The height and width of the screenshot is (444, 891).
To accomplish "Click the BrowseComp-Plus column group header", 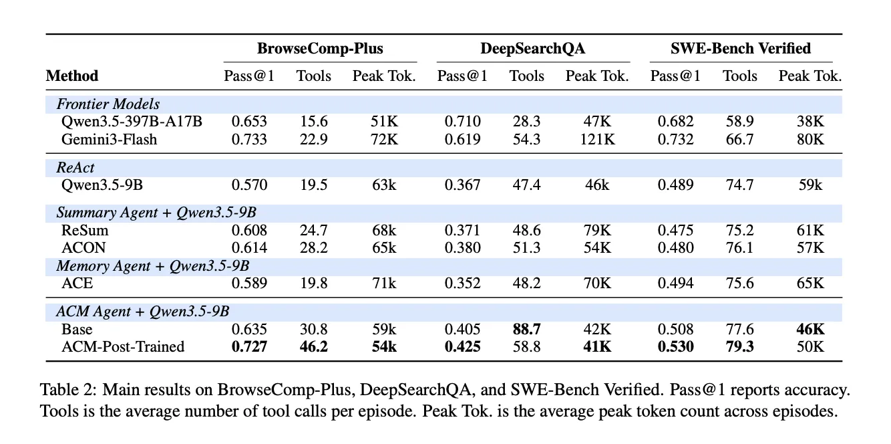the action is [320, 49].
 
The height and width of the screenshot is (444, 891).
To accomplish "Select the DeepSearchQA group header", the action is [532, 49].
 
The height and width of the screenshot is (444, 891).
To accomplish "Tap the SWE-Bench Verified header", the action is [741, 49].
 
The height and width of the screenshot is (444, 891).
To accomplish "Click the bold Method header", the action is [72, 76].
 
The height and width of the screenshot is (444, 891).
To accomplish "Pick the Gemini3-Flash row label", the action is [110, 139].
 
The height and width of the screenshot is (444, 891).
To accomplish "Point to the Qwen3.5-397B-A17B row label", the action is [132, 121].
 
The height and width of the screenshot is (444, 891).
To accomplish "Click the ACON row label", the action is [83, 247].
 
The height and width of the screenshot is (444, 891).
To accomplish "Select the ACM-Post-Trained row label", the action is [123, 346].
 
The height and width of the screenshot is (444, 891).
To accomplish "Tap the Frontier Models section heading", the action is [108, 104].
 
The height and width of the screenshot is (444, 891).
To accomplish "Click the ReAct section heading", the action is [75, 167].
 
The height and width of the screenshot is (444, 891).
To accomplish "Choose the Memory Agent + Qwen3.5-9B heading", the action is [153, 265].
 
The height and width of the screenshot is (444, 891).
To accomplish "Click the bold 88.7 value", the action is [526, 329].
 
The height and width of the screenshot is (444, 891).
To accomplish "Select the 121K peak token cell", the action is [597, 139].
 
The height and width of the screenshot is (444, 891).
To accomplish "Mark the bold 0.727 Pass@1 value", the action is [249, 346].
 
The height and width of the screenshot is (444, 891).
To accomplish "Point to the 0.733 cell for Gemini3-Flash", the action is [249, 139].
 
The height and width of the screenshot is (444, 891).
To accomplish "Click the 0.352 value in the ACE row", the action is [463, 283].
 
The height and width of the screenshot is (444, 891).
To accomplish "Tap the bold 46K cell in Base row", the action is [811, 329].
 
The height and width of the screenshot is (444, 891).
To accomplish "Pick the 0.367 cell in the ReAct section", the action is [463, 185].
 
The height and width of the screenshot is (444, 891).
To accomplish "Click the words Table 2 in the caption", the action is [68, 389].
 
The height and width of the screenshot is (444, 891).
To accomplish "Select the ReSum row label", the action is [85, 230].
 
